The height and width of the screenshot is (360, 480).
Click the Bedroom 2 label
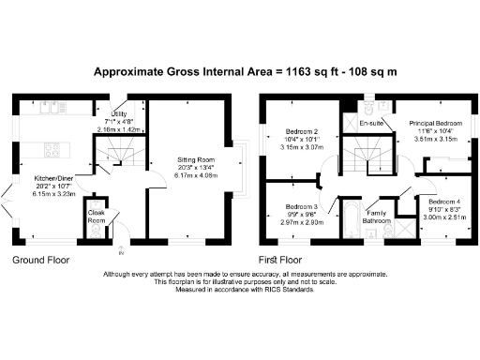coord(302,131)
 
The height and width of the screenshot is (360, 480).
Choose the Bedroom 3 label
coord(302,206)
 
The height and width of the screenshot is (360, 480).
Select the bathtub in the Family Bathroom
coord(350,219)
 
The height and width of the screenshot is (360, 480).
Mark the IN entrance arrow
coord(120,249)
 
